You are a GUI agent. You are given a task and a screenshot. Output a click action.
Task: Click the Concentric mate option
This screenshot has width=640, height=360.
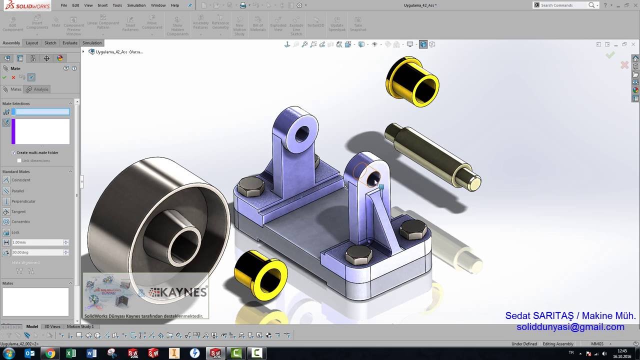click(x=20, y=221)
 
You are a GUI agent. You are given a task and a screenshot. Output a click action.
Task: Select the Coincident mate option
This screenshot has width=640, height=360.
click(x=20, y=180)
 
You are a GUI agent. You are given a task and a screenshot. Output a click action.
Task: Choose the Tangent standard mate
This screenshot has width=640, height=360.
click(x=18, y=211)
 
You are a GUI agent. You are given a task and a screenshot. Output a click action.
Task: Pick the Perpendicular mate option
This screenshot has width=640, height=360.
click(x=23, y=201)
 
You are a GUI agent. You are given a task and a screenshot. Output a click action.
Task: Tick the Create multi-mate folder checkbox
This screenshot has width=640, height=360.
click(x=13, y=152)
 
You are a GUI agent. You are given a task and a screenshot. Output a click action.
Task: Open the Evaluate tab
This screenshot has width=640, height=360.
click(x=70, y=43)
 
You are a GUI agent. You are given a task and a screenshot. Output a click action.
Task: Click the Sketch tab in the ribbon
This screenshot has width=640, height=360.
click(x=50, y=43)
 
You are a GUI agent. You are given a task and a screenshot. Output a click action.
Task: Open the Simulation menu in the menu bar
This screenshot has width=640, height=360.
click(x=136, y=5)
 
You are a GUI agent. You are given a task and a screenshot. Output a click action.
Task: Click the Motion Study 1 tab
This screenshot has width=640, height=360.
click(x=80, y=326)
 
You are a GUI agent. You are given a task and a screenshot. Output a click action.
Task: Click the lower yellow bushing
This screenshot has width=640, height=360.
click(x=260, y=275)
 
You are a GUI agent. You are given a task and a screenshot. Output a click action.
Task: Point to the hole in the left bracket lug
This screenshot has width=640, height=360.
click(x=302, y=133)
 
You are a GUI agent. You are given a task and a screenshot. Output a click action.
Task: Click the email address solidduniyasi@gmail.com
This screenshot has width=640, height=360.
click(x=570, y=327)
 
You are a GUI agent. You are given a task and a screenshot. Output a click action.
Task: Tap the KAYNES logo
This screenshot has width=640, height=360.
click(x=178, y=292)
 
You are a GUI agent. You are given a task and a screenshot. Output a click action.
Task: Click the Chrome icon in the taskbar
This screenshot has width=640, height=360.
click(x=50, y=353)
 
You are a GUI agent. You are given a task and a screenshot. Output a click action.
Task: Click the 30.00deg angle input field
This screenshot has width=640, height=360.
click(x=37, y=252)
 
